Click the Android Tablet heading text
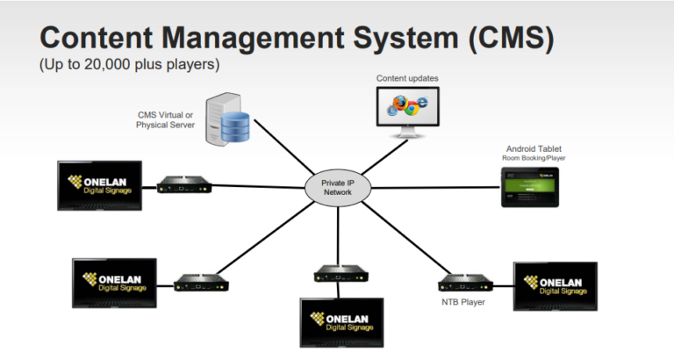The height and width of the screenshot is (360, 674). [533, 148]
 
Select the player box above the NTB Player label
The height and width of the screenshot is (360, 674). [462, 282]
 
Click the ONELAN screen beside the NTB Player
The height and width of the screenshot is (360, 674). [555, 285]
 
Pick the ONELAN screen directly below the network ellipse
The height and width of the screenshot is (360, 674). [341, 323]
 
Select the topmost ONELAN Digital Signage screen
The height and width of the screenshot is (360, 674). [99, 185]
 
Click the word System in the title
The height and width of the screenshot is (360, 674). [400, 40]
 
